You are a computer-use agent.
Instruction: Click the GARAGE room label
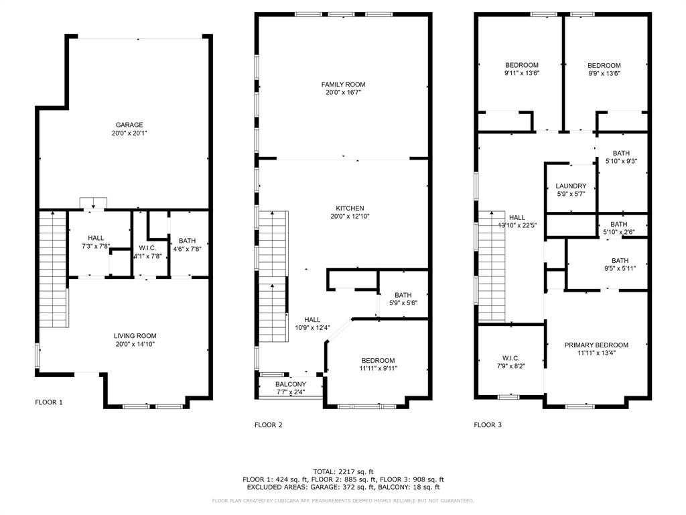point(129,125)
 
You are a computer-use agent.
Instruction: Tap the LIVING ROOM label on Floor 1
point(135,336)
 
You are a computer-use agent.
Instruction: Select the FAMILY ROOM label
point(343,84)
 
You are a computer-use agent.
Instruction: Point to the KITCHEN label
point(350,209)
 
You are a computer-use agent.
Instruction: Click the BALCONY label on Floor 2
point(291,384)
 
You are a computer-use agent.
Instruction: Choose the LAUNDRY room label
point(571,186)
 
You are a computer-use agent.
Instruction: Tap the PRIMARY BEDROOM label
point(596,345)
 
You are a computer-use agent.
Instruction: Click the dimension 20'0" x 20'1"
point(129,133)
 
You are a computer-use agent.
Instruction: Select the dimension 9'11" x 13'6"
point(521,73)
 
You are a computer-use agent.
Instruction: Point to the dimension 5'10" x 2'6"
point(618,232)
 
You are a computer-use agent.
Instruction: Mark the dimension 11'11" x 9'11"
point(378,368)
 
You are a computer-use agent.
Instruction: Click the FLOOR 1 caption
point(49,402)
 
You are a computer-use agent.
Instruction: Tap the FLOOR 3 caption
point(488,424)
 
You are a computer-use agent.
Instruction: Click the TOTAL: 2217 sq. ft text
point(343,471)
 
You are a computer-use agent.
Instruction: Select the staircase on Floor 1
point(54,270)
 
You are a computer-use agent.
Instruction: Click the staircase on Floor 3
point(492,266)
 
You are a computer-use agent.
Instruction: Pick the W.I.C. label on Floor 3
point(510,358)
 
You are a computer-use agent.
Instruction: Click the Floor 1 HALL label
point(96,238)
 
